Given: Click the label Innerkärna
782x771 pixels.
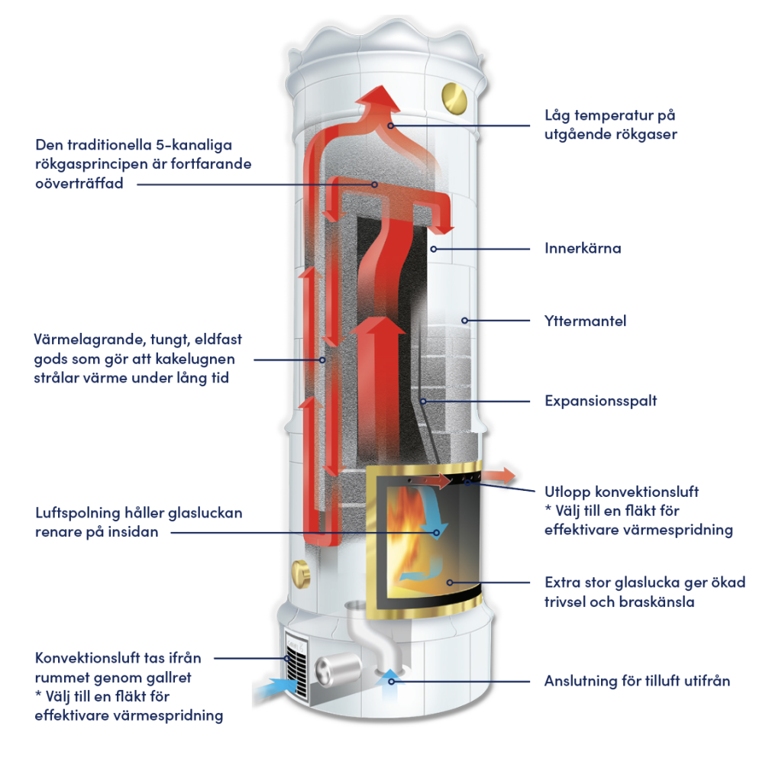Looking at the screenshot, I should pos(583,249).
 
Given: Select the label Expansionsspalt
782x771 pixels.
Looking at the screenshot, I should pos(600,401).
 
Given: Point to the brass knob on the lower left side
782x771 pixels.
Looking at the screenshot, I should pos(300,571).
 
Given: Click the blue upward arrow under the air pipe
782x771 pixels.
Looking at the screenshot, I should pos(392,676).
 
